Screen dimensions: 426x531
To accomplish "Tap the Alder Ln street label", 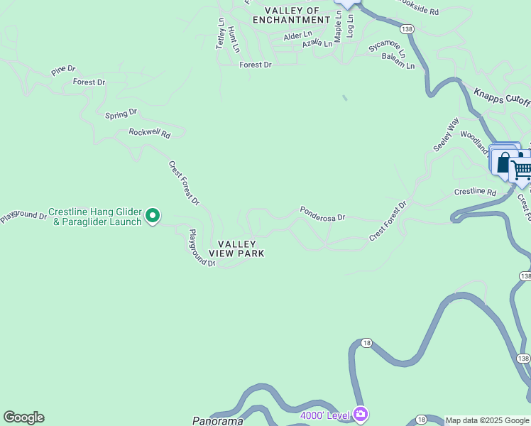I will coord(297,35).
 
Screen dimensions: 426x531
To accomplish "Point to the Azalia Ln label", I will coord(317,44).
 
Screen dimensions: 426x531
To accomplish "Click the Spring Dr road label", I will coord(121,114).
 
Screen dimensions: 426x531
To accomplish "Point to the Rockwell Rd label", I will coord(150,133).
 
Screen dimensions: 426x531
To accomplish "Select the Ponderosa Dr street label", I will coord(322,213).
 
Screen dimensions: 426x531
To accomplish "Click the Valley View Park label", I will coord(236,248).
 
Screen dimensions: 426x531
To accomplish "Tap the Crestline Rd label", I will coord(475,192).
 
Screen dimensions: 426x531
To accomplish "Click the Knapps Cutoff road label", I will coord(502,97).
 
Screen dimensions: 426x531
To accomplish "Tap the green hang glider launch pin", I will coord(153,215).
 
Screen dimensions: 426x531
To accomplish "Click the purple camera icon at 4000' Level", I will coord(361,413).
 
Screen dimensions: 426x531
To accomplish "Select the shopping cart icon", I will coord(522,169).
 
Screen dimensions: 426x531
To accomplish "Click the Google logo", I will coord(23,417).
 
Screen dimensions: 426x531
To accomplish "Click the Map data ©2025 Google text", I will coord(487,420).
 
